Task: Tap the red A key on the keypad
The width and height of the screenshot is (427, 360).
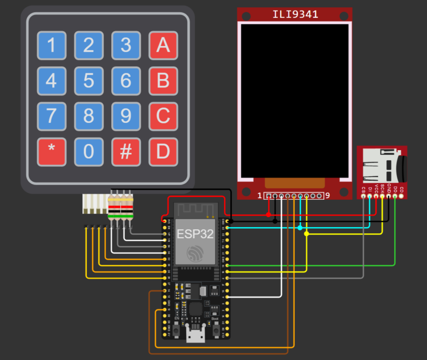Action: click(163, 46)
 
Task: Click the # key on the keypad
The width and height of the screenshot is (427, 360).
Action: click(126, 152)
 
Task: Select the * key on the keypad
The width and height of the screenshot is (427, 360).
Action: click(51, 152)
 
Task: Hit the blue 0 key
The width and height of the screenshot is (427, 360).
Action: click(88, 152)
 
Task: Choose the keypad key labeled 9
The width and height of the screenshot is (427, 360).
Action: click(126, 116)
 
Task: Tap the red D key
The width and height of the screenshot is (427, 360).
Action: click(163, 152)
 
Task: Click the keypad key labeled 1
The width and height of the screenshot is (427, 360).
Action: click(51, 46)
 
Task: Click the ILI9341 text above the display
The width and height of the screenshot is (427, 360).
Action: click(295, 14)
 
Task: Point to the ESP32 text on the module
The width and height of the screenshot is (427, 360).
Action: click(195, 234)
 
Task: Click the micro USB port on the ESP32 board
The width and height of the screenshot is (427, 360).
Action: click(195, 336)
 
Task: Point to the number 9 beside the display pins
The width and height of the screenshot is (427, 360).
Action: click(327, 196)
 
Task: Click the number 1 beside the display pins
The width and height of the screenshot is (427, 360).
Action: click(260, 196)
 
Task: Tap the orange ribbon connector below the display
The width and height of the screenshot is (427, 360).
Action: click(294, 183)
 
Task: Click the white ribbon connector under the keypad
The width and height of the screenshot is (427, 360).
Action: click(95, 204)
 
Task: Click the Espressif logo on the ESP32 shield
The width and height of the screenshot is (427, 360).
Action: click(195, 253)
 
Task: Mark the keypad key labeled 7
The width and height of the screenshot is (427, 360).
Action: click(51, 116)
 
